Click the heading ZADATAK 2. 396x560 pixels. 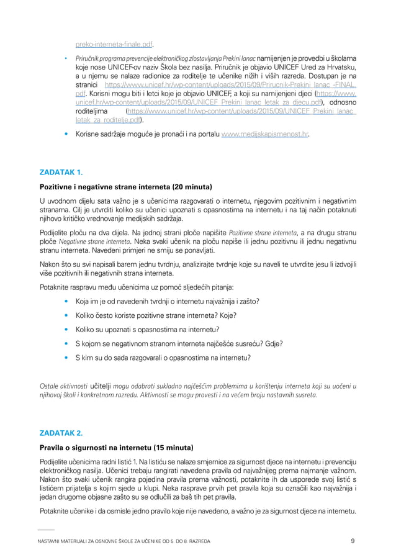[61, 432]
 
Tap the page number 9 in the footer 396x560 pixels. [353, 541]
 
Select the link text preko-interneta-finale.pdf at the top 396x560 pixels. [114, 44]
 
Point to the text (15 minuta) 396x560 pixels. [173, 448]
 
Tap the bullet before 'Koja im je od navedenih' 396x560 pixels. [66, 302]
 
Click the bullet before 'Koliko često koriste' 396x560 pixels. [66, 315]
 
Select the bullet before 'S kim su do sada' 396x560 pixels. [66, 358]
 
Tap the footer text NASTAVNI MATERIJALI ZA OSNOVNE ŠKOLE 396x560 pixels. [99, 541]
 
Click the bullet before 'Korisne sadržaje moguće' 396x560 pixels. [66, 134]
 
